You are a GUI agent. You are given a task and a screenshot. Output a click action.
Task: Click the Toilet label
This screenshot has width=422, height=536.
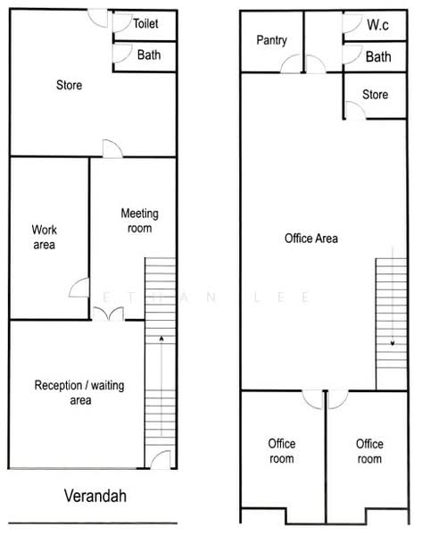click(145, 23)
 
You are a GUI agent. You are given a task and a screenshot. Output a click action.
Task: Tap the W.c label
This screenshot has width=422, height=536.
click(377, 25)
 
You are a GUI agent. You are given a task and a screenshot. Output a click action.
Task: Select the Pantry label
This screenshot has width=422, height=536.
click(271, 40)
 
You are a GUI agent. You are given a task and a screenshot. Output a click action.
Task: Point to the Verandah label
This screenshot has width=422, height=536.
click(95, 496)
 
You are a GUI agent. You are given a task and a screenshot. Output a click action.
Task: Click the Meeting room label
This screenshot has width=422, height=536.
click(140, 221)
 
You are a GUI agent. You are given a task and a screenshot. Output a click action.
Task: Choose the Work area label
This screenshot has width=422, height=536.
click(44, 237)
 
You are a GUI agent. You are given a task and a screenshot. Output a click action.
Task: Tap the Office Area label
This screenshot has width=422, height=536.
click(311, 239)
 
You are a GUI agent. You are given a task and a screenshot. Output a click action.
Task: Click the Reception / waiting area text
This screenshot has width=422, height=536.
click(79, 392)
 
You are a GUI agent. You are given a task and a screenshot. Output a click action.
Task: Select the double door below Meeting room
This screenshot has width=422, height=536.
click(108, 314)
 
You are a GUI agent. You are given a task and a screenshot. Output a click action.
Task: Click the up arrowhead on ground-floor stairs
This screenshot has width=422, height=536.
click(161, 339)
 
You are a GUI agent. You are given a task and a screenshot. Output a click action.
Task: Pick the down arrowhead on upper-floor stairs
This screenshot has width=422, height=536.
click(393, 343)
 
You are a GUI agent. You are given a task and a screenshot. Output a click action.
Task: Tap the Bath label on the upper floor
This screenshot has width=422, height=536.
click(378, 57)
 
